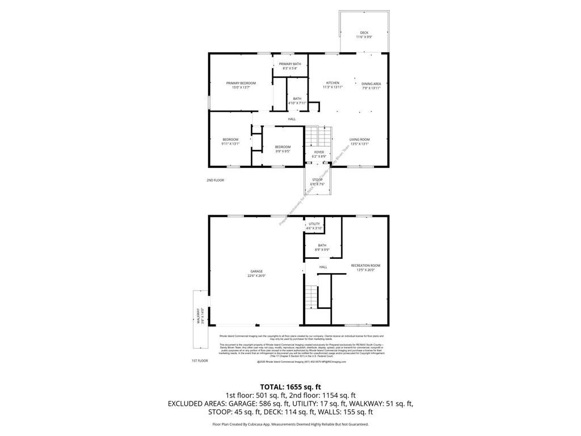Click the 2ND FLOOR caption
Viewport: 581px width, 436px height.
coord(215,180)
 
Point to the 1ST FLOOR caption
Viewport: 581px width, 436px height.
coord(199,360)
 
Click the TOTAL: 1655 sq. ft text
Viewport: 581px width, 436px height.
coord(290,386)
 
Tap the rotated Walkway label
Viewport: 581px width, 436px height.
coord(200,316)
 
